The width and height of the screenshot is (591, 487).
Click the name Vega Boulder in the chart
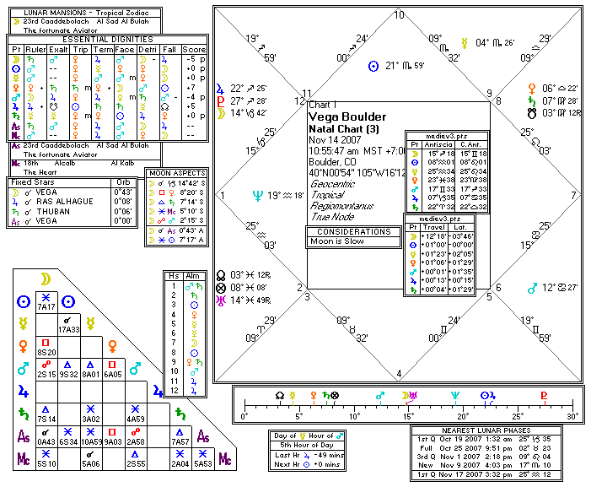(x=347, y=116)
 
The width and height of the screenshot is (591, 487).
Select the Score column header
(x=193, y=50)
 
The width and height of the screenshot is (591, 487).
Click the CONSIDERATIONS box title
(x=352, y=230)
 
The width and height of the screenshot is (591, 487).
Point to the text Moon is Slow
(x=338, y=241)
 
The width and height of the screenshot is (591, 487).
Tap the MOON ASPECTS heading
(x=176, y=174)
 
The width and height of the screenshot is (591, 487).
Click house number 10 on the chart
(x=399, y=15)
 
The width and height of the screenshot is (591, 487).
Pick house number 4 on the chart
(x=399, y=374)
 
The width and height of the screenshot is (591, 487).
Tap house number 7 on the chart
(x=573, y=195)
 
